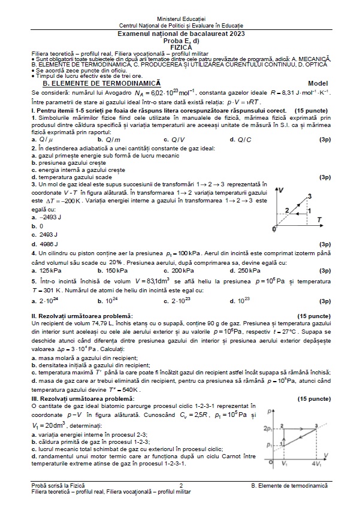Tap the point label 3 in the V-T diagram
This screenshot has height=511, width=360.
click(310, 196)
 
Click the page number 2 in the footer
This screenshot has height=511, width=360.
click(180, 484)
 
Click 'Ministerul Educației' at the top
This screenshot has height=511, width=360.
click(180, 20)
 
